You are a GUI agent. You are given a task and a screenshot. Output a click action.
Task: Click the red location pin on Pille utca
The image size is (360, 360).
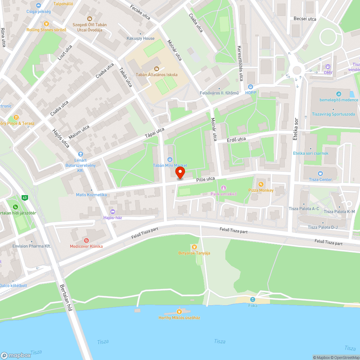pyautogui.click(x=180, y=172)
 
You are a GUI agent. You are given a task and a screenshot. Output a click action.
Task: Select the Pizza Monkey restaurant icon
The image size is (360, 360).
pyautogui.click(x=261, y=184)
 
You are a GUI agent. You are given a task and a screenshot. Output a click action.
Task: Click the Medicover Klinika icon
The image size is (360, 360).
pyautogui.click(x=86, y=240)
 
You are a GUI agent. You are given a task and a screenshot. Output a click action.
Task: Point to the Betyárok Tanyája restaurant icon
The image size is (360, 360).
pyautogui.click(x=194, y=247)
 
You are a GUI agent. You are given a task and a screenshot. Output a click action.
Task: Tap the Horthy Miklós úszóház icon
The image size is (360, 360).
pyautogui.click(x=179, y=311)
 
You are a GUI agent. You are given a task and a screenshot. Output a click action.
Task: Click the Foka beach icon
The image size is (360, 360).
pyautogui.click(x=253, y=300)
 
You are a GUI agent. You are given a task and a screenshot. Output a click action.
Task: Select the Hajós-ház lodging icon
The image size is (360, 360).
pyautogui.click(x=113, y=211)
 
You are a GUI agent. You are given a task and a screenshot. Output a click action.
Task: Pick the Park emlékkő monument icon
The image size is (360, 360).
pyautogui.click(x=223, y=188)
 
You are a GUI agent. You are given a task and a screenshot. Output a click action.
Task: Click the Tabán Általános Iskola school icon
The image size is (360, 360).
pyautogui.click(x=156, y=68)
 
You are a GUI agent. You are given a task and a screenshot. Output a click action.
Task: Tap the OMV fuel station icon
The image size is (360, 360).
pyautogui.click(x=328, y=67)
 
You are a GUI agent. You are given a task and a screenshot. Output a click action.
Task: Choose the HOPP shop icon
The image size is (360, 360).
pyautogui.click(x=251, y=87)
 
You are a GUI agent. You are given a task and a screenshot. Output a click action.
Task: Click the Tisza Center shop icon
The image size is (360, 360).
pyautogui.click(x=320, y=174)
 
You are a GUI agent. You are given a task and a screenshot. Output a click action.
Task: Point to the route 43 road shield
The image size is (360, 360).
pyautogui.click(x=24, y=198)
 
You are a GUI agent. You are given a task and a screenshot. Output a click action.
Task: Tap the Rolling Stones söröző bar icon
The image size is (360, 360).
pyautogui.click(x=46, y=24)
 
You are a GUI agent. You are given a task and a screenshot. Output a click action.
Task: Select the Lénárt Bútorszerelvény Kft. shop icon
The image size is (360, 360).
pyautogui.click(x=80, y=154)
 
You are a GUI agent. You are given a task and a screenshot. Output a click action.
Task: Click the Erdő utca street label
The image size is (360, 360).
pyautogui.click(x=236, y=139)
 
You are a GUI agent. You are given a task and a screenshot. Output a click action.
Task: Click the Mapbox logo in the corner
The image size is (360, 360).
pyautogui.click(x=16, y=355)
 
